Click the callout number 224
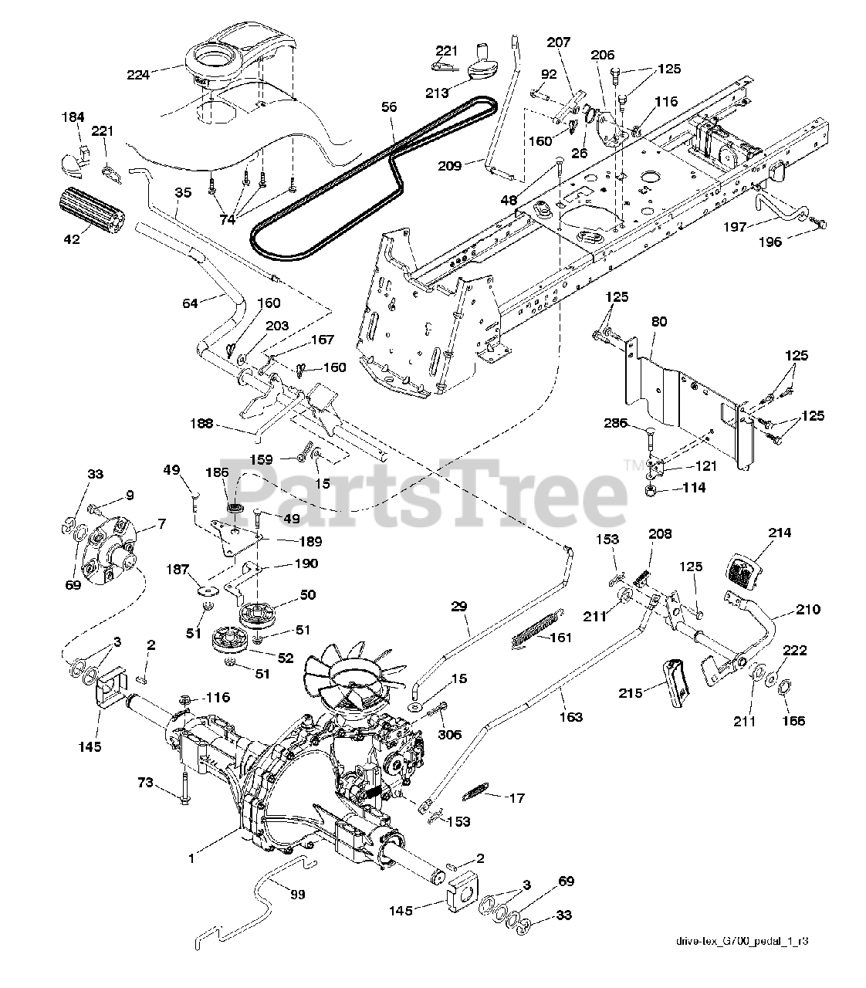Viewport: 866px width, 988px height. (x=139, y=74)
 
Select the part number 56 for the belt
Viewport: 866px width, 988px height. (x=388, y=107)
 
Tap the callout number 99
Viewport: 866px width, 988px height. (x=296, y=894)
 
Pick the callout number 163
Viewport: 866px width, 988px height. (x=572, y=716)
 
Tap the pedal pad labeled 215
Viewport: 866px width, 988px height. (x=675, y=682)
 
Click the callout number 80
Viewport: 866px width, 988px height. (x=658, y=322)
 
